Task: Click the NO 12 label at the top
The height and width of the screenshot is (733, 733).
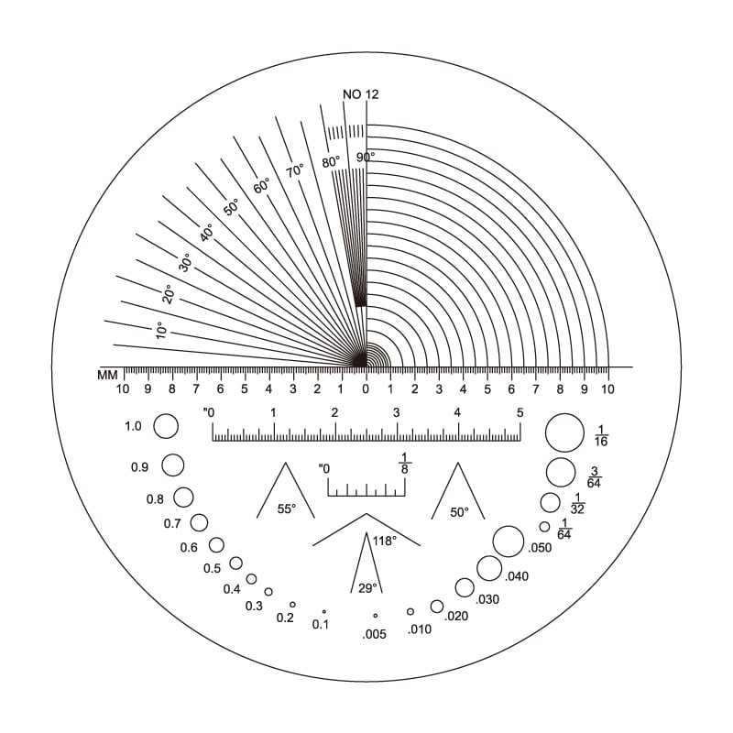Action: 360,94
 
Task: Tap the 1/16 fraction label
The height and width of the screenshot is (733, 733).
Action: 601,435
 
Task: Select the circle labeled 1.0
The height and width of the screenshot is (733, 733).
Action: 166,426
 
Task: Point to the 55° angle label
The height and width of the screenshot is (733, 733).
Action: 287,509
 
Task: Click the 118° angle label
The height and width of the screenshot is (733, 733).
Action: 385,541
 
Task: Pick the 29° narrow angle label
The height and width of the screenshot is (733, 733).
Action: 367,588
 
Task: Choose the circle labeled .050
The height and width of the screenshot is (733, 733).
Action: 509,542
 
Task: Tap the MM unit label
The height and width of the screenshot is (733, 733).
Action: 107,375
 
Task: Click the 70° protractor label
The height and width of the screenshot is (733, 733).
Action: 295,171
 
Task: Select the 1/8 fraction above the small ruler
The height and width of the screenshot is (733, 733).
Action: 404,464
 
